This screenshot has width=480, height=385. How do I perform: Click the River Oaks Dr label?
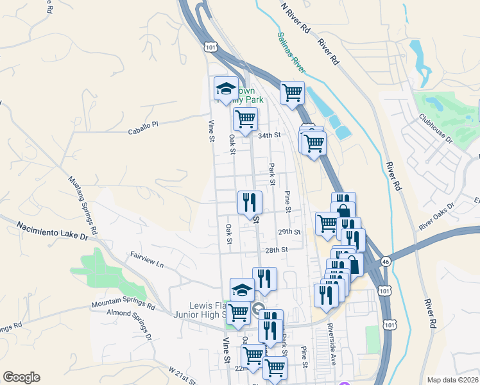(x=436, y=216)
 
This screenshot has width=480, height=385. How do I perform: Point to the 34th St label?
(x=270, y=135)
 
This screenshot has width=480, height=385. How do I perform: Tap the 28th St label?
(x=274, y=250)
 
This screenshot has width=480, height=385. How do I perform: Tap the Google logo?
(x=21, y=377)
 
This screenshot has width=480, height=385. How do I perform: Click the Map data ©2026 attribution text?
(x=452, y=380)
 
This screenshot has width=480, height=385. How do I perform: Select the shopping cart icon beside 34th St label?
(x=245, y=120)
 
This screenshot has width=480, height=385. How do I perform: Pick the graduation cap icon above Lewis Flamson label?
(x=241, y=289)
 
